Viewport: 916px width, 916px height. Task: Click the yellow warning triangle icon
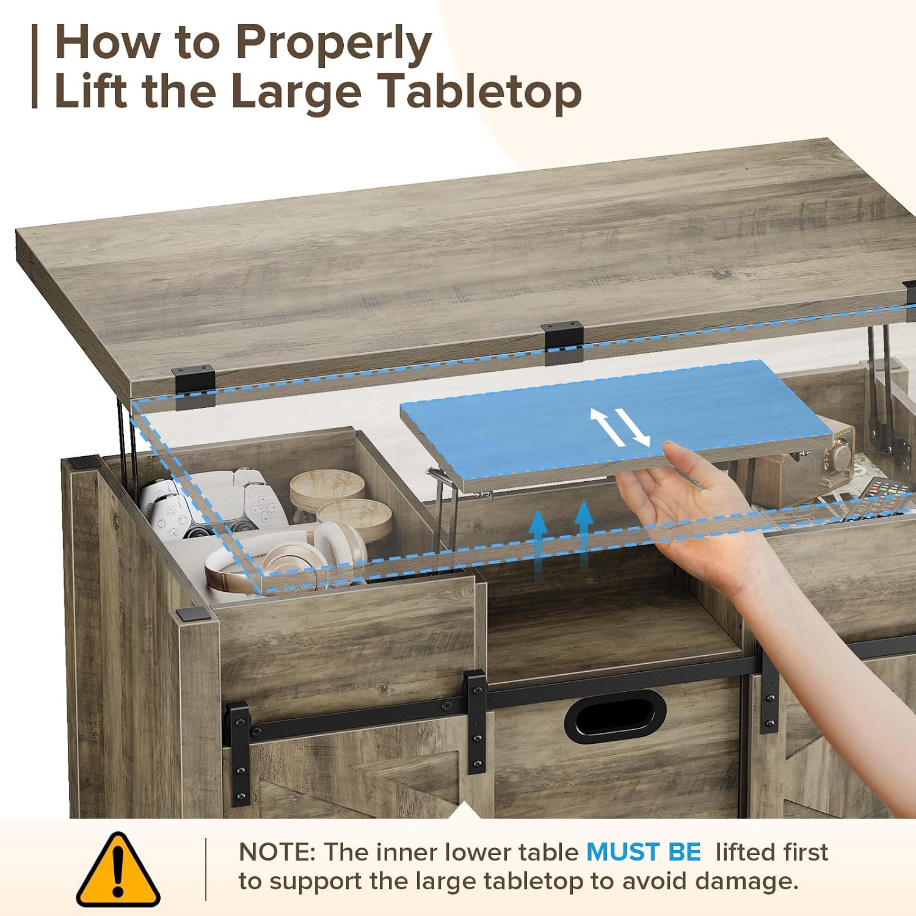(x=118, y=869)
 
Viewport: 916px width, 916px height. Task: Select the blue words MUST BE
(x=644, y=852)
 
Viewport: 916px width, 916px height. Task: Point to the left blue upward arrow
(x=538, y=543)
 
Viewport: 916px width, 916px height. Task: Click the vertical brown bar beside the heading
(x=35, y=67)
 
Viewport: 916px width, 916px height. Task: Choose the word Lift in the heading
(x=91, y=92)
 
